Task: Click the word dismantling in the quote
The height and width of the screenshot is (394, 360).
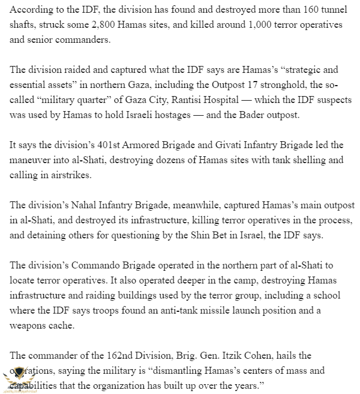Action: coord(189,370)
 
